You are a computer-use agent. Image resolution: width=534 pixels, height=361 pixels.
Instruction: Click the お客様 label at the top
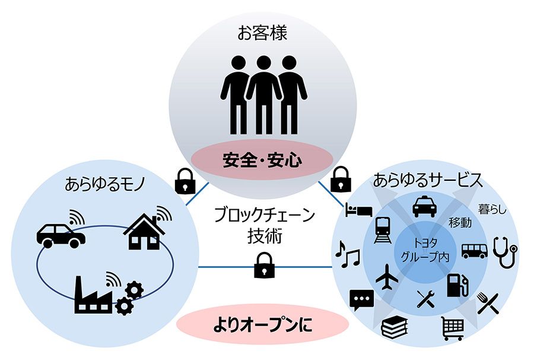[262, 33]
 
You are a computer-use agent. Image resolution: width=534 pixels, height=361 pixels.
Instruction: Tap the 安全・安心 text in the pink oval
[262, 160]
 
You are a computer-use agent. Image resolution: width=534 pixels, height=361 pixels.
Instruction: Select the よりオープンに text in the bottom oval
[262, 325]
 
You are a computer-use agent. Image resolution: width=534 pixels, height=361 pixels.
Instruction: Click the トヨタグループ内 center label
[425, 250]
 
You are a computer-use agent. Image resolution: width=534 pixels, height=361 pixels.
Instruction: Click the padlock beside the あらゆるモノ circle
[185, 181]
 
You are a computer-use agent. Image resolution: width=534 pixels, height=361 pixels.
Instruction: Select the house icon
[144, 231]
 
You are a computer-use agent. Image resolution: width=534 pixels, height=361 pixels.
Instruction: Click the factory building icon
[93, 295]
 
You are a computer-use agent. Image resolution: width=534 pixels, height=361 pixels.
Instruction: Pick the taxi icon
[425, 206]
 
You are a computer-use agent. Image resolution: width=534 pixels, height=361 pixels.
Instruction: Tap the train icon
[383, 230]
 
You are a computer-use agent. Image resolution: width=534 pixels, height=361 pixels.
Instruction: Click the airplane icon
[387, 277]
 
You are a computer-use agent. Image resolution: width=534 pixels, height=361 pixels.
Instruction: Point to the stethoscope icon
[505, 252]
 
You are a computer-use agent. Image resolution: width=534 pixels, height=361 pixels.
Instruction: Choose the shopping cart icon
[452, 328]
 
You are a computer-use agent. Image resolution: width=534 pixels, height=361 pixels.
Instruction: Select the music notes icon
[347, 254]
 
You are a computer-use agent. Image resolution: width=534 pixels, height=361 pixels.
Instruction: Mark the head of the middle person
[264, 63]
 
